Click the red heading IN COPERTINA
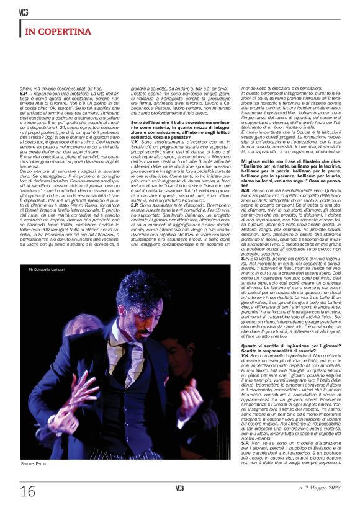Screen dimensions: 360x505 pyautogui.click(x=58, y=31)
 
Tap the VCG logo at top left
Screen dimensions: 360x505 pyautogui.click(x=24, y=12)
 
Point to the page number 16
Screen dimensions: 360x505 pyautogui.click(x=28, y=491)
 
